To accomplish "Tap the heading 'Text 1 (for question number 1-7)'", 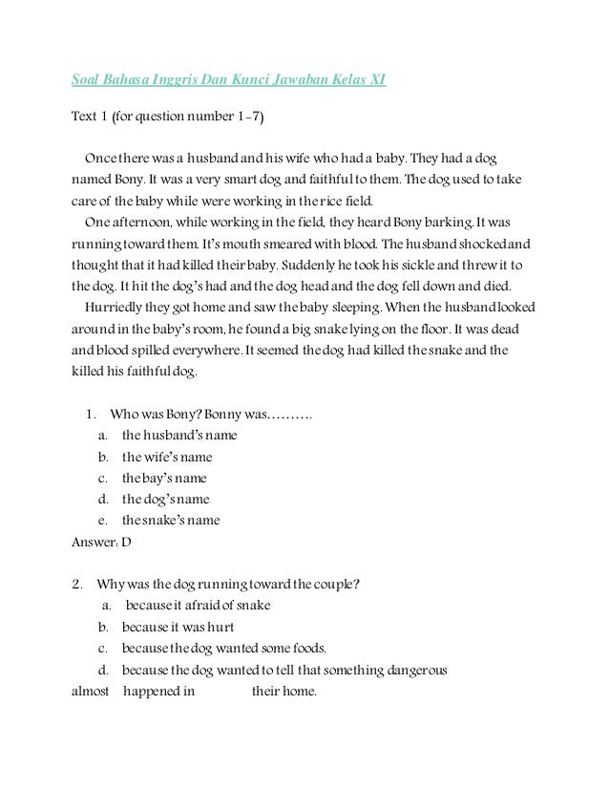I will [167, 117].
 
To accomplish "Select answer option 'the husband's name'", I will [179, 436].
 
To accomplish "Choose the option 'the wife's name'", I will [167, 457].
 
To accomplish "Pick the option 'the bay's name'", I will [163, 478].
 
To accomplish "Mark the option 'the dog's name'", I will [165, 499].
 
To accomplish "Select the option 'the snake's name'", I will [170, 520].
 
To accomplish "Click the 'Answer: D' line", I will [102, 542].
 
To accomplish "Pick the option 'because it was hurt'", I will [178, 628].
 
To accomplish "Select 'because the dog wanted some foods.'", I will [224, 649].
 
